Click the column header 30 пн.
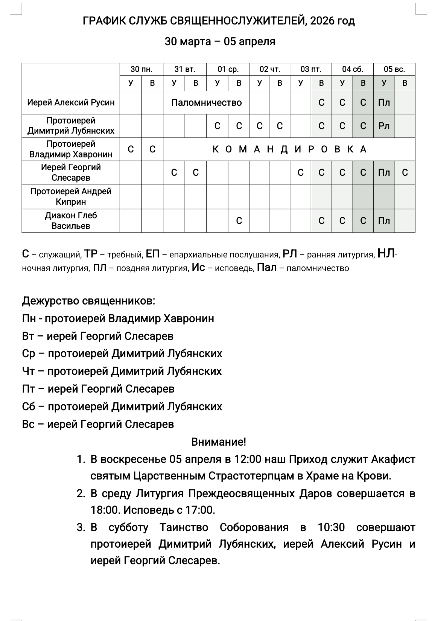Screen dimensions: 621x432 [141, 69]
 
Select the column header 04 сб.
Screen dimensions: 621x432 [353, 69]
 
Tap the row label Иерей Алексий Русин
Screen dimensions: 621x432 [71, 102]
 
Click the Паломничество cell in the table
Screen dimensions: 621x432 [206, 103]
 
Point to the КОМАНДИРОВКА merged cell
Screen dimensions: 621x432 [289, 149]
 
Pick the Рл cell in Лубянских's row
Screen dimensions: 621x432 [384, 126]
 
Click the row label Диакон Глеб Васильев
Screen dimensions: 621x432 [71, 221]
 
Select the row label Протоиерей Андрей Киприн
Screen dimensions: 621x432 [71, 196]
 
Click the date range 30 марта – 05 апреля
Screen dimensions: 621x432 [220, 41]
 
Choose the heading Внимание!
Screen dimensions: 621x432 [219, 441]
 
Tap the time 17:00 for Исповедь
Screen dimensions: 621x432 [199, 510]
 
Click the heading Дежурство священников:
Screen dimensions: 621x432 [88, 301]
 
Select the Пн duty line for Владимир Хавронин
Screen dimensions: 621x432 [118, 318]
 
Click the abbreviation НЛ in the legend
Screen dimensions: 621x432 [386, 254]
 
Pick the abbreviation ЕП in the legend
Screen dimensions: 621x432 [153, 254]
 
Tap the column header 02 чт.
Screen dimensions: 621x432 [270, 69]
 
